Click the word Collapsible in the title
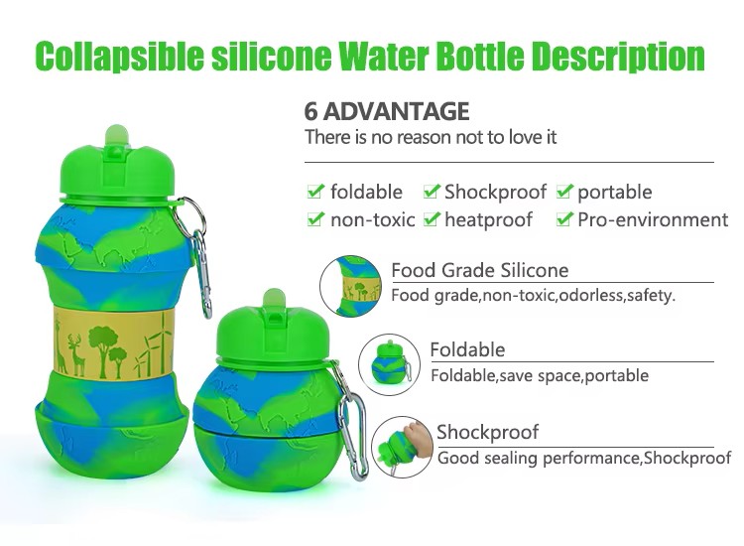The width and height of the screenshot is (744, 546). coord(120,57)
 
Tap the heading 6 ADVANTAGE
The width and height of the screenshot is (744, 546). coord(387,111)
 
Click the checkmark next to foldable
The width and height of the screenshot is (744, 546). coord(315,191)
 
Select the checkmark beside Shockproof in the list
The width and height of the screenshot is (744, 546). coord(432,191)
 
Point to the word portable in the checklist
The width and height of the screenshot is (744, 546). coord(614,193)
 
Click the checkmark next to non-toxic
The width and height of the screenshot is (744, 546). coord(315,218)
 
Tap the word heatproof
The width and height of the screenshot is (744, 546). coord(488,220)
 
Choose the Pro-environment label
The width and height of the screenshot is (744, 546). coord(653,220)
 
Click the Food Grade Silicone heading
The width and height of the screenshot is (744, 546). coord(480,270)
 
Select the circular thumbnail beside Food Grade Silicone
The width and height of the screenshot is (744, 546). coord(350,286)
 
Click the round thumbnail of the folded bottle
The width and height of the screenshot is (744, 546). coord(389,364)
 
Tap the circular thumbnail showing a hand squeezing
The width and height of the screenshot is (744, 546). coord(403,448)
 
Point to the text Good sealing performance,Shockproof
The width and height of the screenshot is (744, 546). coord(584,459)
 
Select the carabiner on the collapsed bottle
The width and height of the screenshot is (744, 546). coord(351,421)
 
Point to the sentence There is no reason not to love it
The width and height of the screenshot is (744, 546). coord(431,138)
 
